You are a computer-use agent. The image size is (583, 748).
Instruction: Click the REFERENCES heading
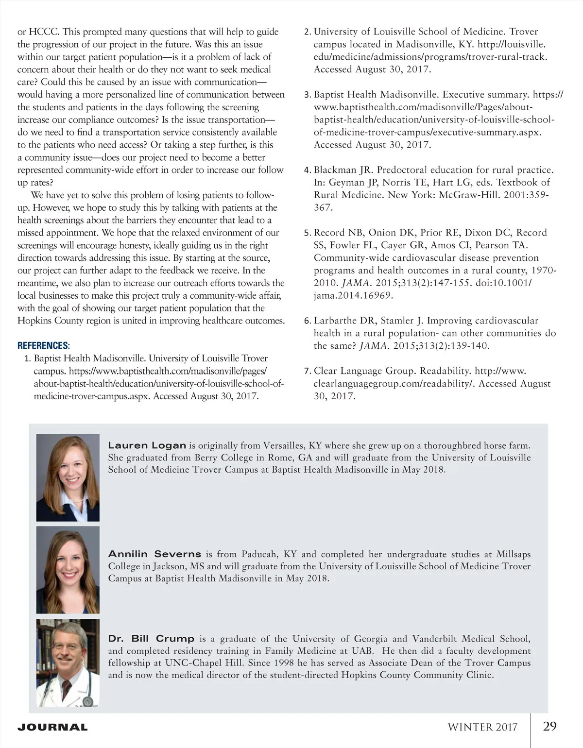click(44, 346)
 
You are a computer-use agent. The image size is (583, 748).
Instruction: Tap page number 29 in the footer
click(549, 727)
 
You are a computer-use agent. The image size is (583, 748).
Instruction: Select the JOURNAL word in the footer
click(52, 728)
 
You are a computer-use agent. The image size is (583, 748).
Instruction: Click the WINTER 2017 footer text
click(482, 727)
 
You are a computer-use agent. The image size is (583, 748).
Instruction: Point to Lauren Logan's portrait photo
click(68, 477)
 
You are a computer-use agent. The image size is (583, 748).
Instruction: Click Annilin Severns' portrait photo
click(68, 570)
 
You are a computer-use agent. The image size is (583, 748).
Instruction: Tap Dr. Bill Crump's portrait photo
click(68, 663)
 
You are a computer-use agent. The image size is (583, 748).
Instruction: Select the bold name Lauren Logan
click(147, 445)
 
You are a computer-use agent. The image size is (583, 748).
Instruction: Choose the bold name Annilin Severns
click(154, 554)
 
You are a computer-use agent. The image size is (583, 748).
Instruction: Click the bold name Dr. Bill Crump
click(151, 639)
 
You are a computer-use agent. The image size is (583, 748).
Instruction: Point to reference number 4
click(307, 170)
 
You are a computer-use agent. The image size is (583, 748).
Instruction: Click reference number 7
click(307, 372)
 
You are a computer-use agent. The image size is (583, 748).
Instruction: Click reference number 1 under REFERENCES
click(27, 359)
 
